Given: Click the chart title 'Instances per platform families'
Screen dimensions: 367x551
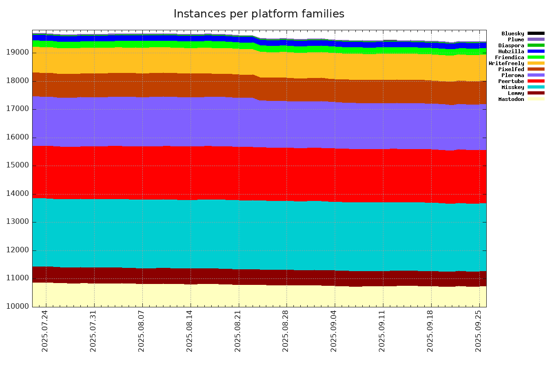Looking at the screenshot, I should (x=259, y=14).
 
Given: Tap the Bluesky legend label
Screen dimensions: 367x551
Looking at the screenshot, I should (x=512, y=33).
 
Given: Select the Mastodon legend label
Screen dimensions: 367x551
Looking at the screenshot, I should (x=511, y=99).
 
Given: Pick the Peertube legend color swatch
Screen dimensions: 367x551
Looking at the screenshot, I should (x=536, y=81).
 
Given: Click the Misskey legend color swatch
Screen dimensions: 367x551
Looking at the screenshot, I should (x=536, y=87).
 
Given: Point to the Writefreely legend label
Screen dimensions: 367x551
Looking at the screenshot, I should (x=506, y=63).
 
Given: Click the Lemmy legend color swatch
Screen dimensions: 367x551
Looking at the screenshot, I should (x=536, y=93).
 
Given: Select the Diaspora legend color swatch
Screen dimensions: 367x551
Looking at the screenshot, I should (x=536, y=45).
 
